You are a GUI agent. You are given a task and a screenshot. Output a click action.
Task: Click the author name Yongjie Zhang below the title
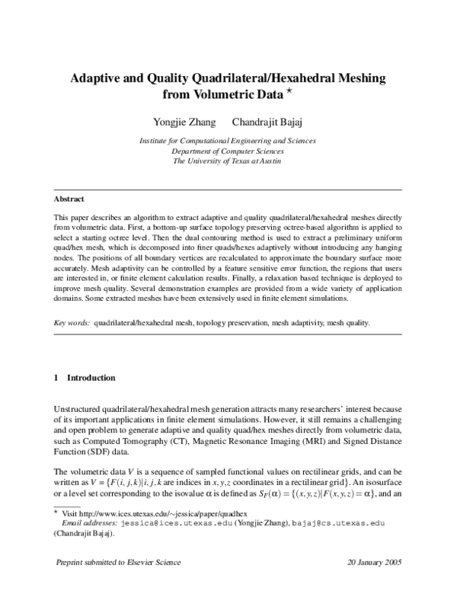[x=185, y=123]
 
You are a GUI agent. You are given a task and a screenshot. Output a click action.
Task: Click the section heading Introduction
[x=91, y=378]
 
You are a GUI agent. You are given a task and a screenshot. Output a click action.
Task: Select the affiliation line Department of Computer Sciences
[x=228, y=151]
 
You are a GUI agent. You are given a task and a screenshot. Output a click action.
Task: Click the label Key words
[x=72, y=322]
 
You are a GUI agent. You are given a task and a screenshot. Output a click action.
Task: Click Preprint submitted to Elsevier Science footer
[x=119, y=562]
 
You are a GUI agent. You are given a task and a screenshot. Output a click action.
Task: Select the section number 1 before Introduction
[x=56, y=378]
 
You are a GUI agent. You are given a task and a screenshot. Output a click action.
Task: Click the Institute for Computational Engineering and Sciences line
[x=228, y=141]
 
